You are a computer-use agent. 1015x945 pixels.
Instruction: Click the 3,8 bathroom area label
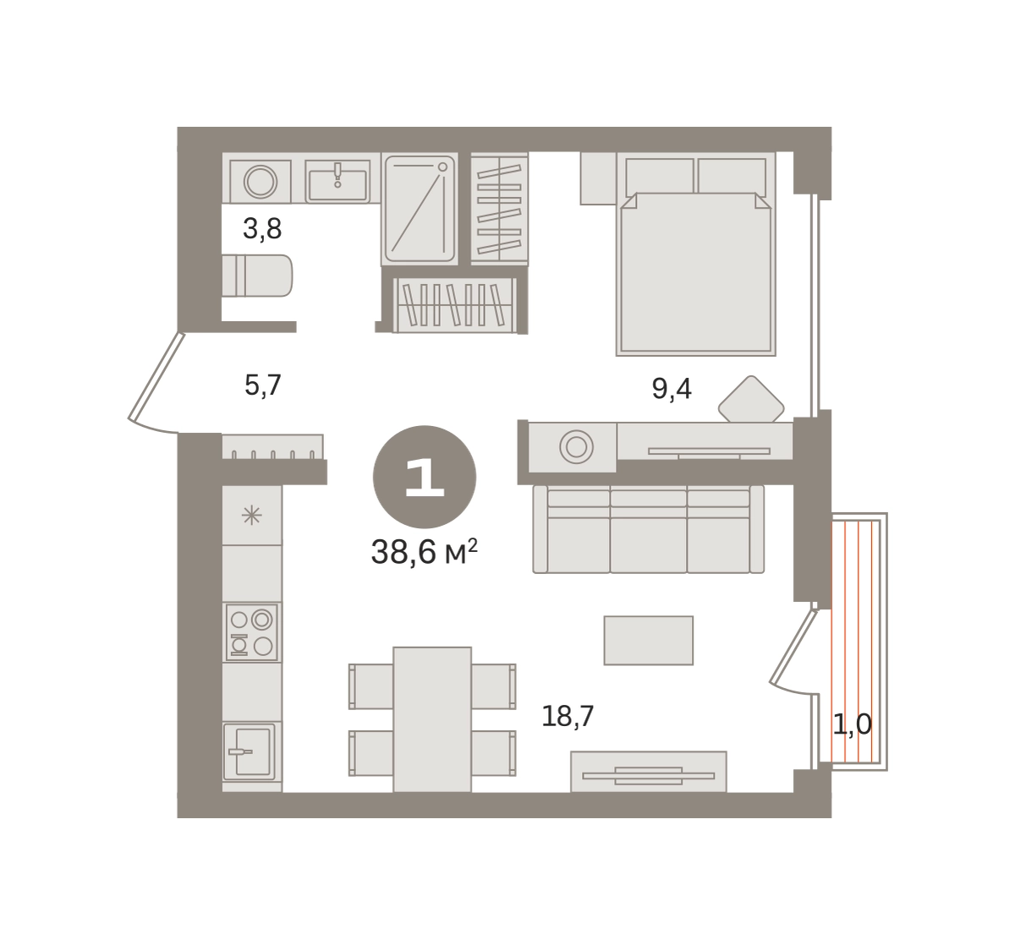pyautogui.click(x=262, y=229)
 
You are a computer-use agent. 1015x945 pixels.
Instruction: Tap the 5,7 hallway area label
pyautogui.click(x=263, y=385)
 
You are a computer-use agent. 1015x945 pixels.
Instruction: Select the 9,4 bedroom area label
pyautogui.click(x=672, y=389)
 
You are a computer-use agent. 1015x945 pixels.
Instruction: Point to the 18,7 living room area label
pyautogui.click(x=568, y=716)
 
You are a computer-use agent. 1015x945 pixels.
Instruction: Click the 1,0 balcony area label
pyautogui.click(x=852, y=724)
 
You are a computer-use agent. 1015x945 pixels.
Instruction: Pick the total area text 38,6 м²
pyautogui.click(x=425, y=552)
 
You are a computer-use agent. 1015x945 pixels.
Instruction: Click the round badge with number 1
pyautogui.click(x=425, y=477)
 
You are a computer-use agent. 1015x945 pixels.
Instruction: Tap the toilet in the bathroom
pyautogui.click(x=257, y=276)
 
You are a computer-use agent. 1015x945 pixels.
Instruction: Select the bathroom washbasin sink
pyautogui.click(x=337, y=182)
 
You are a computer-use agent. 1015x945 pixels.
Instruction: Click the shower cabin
pyautogui.click(x=420, y=209)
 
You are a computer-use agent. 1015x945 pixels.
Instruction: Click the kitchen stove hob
pyautogui.click(x=251, y=632)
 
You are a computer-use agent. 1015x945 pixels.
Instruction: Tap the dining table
pyautogui.click(x=432, y=719)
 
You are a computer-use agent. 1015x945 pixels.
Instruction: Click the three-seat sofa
pyautogui.click(x=649, y=528)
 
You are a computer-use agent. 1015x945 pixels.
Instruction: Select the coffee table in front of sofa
pyautogui.click(x=649, y=641)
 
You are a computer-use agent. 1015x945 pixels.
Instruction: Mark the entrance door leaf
pyautogui.click(x=156, y=376)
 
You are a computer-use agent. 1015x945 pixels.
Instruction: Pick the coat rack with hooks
pyautogui.click(x=272, y=446)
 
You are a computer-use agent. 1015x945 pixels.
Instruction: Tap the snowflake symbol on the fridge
pyautogui.click(x=251, y=516)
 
